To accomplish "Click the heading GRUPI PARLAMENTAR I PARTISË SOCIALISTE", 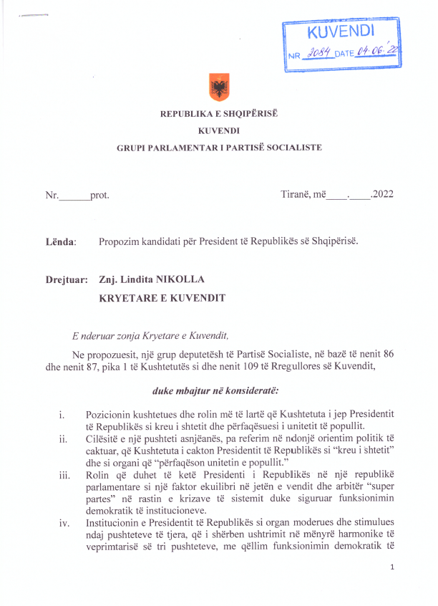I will (219, 148).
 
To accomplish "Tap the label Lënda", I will (60, 241).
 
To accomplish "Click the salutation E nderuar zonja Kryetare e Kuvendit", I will (150, 335).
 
